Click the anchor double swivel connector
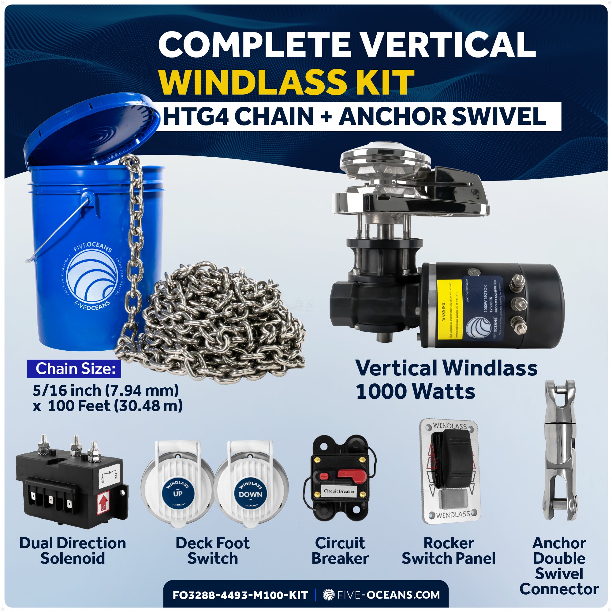(560, 450)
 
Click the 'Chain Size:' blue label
(74, 369)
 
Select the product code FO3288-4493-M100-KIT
(240, 595)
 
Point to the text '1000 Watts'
(415, 392)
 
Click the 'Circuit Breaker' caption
(340, 551)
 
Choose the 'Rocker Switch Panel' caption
(449, 551)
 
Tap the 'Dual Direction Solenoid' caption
(73, 551)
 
